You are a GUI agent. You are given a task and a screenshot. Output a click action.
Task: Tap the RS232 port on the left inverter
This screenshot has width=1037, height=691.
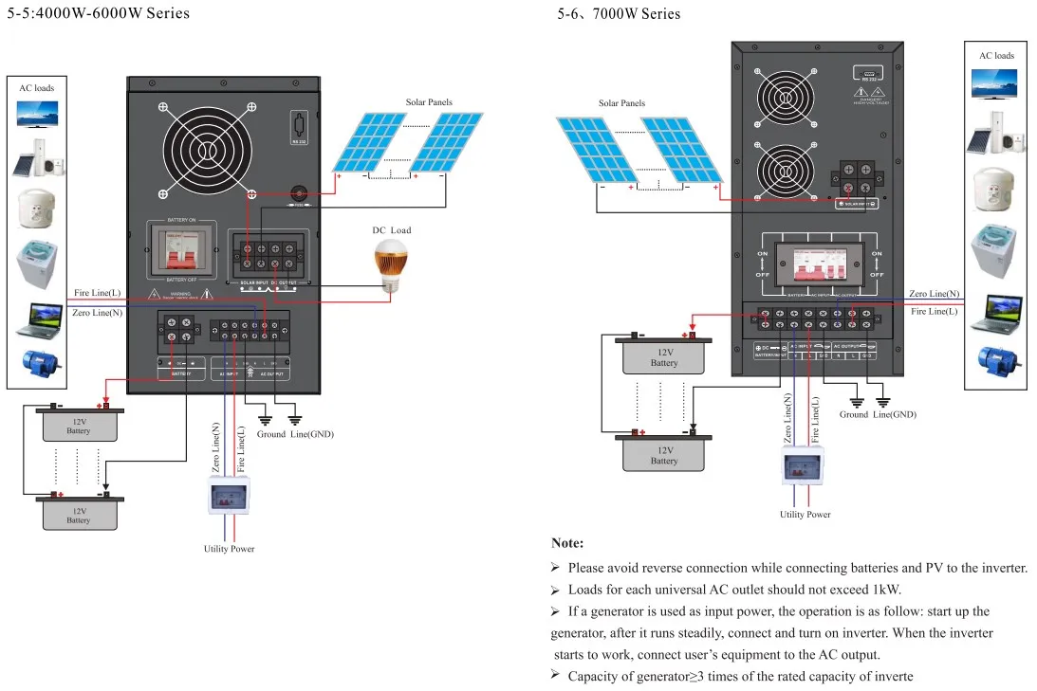pyautogui.click(x=301, y=128)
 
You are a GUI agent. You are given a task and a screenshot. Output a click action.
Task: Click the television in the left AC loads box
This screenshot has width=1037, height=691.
pyautogui.click(x=37, y=114)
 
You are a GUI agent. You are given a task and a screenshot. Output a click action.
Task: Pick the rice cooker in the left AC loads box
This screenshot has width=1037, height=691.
pyautogui.click(x=37, y=208)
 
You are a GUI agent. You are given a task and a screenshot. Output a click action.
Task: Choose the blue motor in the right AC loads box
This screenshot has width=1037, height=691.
pyautogui.click(x=997, y=361)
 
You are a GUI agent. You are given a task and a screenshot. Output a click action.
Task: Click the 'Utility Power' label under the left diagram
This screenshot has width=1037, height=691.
pyautogui.click(x=229, y=549)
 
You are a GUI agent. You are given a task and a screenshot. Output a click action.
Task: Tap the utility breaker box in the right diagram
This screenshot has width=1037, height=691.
pyautogui.click(x=802, y=466)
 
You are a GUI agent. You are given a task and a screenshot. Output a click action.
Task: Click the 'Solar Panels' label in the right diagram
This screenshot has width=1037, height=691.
pyautogui.click(x=621, y=103)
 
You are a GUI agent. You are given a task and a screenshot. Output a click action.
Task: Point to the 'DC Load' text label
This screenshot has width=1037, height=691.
pyautogui.click(x=391, y=229)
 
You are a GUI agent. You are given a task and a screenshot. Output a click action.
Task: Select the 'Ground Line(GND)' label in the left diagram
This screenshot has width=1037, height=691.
pyautogui.click(x=295, y=434)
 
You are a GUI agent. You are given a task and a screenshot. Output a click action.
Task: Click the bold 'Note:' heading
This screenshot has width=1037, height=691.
pyautogui.click(x=567, y=543)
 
